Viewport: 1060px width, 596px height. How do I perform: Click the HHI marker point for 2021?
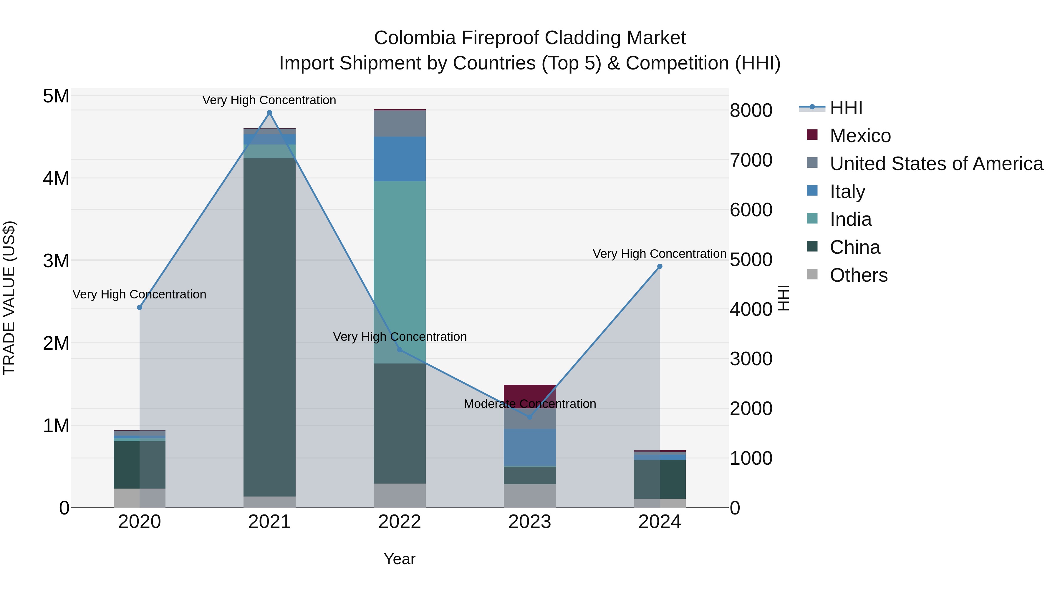point(269,113)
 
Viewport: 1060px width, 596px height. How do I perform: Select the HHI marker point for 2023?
point(530,417)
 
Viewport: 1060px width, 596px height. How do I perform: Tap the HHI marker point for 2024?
point(660,267)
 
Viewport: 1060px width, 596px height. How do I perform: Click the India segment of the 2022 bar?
point(400,271)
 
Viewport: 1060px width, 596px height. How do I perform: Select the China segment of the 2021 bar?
point(269,327)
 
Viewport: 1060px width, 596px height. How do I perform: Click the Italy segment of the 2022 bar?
point(400,159)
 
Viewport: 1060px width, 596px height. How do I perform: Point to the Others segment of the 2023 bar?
point(530,496)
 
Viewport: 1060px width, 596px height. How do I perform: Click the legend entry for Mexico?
point(860,136)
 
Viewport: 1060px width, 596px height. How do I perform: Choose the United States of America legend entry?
point(936,164)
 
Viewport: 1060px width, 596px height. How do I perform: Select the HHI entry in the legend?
point(846,108)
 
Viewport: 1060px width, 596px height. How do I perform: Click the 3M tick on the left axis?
point(56,261)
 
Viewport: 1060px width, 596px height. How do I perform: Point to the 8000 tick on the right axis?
point(751,110)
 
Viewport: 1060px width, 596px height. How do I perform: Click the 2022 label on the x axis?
point(400,522)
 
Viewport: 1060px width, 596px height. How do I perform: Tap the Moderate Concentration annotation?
point(530,404)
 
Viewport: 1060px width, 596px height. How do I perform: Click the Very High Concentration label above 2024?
point(659,254)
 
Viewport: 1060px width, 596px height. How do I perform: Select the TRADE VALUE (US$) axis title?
point(9,298)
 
